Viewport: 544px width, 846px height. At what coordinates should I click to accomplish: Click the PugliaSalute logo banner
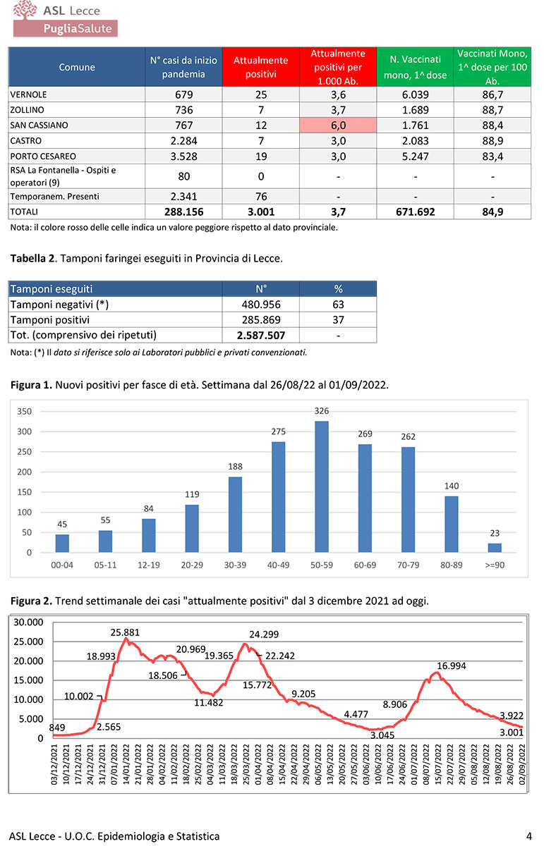click(66, 28)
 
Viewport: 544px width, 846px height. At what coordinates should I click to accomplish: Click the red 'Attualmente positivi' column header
click(260, 68)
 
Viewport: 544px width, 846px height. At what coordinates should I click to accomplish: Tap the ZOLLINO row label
click(28, 109)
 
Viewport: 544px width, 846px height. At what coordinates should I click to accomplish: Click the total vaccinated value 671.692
click(416, 211)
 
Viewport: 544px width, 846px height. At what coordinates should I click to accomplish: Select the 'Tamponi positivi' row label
click(50, 319)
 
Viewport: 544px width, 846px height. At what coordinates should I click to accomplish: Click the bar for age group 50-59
click(322, 486)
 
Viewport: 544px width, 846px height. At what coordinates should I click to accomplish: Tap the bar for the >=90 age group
click(494, 548)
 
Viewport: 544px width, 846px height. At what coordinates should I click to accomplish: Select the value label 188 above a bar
click(234, 466)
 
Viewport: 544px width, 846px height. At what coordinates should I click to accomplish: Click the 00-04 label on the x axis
click(62, 564)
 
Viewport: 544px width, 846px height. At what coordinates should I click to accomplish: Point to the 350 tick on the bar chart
click(24, 411)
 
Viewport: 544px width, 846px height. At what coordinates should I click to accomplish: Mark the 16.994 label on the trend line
click(452, 666)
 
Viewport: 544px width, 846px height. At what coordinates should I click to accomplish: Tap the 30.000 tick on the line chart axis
click(29, 623)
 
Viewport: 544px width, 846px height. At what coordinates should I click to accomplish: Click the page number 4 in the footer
click(528, 836)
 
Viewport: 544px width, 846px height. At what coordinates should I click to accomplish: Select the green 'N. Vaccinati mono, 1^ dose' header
click(416, 68)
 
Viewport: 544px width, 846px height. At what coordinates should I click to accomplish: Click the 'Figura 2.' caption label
click(32, 601)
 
